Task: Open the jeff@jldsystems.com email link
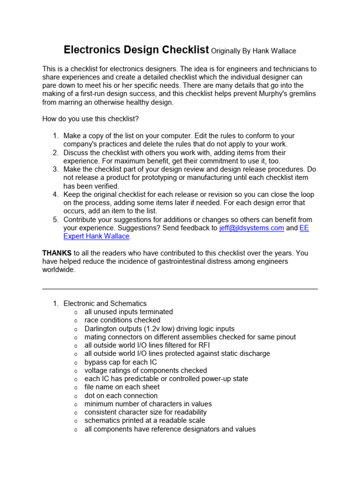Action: [252, 228]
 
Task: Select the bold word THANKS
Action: [57, 253]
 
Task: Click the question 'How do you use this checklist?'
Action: [90, 119]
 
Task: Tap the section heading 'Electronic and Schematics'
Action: [105, 303]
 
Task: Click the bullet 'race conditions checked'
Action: [122, 320]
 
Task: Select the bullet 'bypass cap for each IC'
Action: [120, 362]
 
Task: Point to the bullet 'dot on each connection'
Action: [121, 396]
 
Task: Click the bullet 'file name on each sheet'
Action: [122, 387]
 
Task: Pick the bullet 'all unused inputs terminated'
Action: [128, 312]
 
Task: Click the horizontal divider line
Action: [180, 289]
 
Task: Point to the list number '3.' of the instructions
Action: [55, 169]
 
